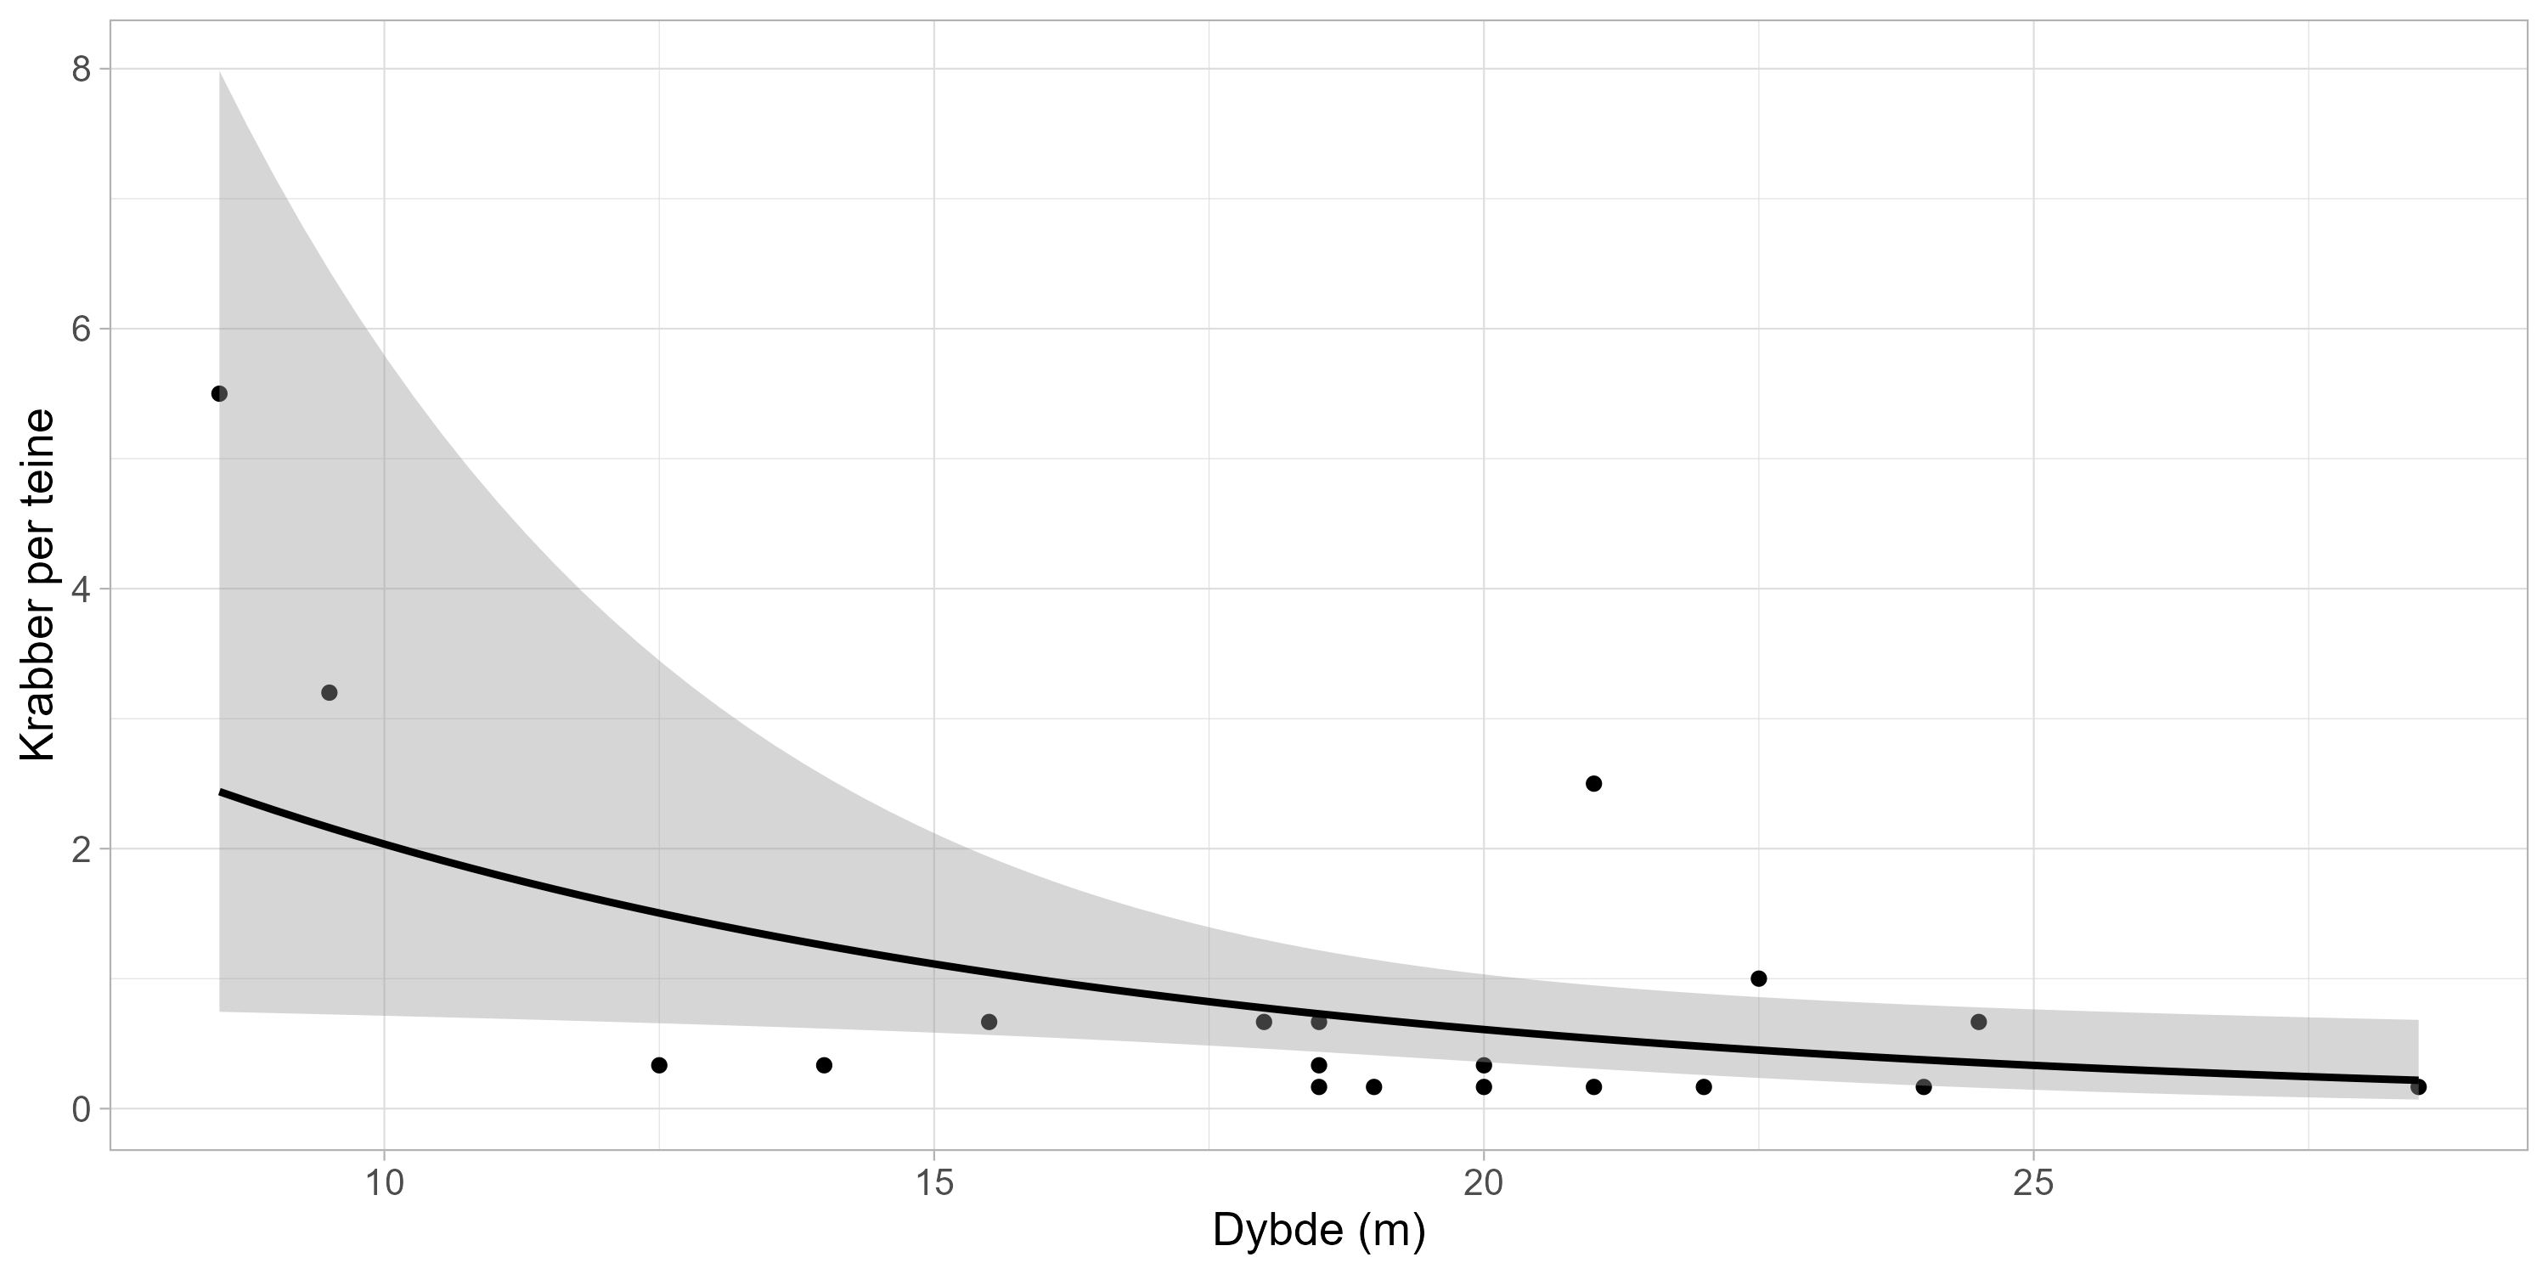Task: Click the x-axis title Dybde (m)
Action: point(1318,1231)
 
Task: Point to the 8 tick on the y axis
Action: point(81,70)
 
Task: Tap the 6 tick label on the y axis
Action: point(81,330)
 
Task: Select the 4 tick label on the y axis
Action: point(81,589)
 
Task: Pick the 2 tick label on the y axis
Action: point(81,849)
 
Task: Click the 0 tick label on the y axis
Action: point(81,1110)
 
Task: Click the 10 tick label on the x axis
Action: point(384,1182)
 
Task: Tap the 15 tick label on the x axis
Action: point(933,1182)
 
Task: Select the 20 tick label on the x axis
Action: point(1484,1182)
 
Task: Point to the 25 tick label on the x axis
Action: point(2032,1182)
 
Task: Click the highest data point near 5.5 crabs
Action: point(220,394)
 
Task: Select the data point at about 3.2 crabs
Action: point(330,692)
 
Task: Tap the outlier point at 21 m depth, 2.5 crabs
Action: point(1593,783)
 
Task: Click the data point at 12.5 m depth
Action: point(659,1065)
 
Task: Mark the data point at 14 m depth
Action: point(824,1065)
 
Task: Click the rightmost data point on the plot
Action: point(2418,1087)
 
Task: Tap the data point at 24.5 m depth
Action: point(1978,1022)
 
